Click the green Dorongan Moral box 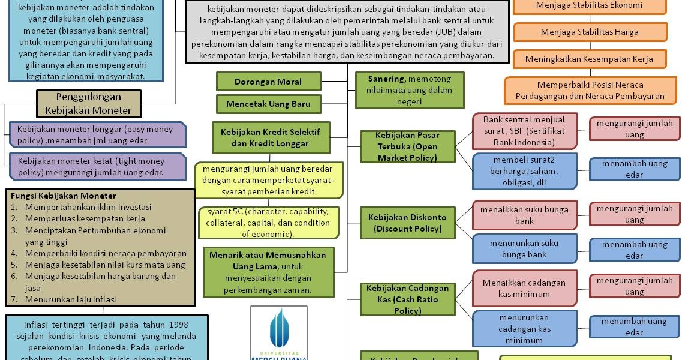point(268,82)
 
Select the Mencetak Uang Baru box point(268,104)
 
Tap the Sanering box point(409,90)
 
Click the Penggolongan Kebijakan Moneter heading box point(89,103)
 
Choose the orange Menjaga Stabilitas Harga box point(590,32)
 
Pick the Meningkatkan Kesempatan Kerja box point(590,59)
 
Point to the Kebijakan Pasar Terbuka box point(407,146)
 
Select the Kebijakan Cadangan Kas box point(407,299)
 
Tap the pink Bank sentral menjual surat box point(524,131)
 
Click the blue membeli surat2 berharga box point(524,171)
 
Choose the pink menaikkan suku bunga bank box point(524,215)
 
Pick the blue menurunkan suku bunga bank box point(524,248)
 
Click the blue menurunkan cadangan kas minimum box point(524,328)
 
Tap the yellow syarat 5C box point(268,223)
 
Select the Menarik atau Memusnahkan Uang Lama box point(268,272)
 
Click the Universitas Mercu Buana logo point(279,333)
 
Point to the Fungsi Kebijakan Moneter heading point(64,196)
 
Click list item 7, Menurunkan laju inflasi point(70,299)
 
